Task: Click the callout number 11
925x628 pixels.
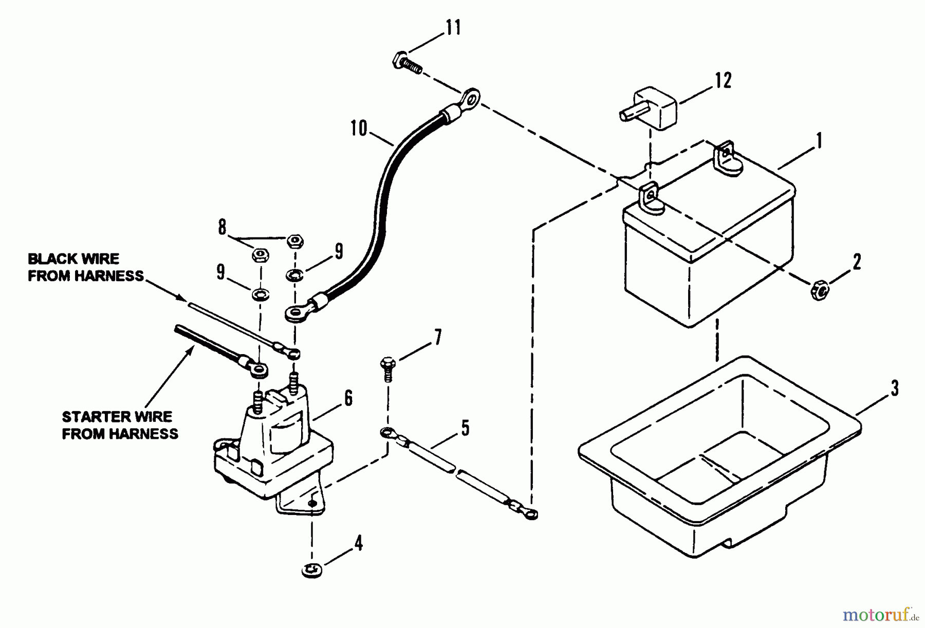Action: tap(453, 27)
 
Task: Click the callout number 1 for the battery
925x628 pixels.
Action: tap(819, 140)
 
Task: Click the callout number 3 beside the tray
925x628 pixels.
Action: tap(895, 389)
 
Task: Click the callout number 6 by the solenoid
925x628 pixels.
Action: tap(348, 398)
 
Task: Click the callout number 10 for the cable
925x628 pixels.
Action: tap(359, 128)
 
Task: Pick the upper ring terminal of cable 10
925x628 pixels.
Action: tap(470, 96)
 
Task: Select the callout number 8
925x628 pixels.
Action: tap(222, 227)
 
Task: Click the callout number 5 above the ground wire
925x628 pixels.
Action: tap(465, 428)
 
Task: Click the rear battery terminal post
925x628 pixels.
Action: tap(726, 152)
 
